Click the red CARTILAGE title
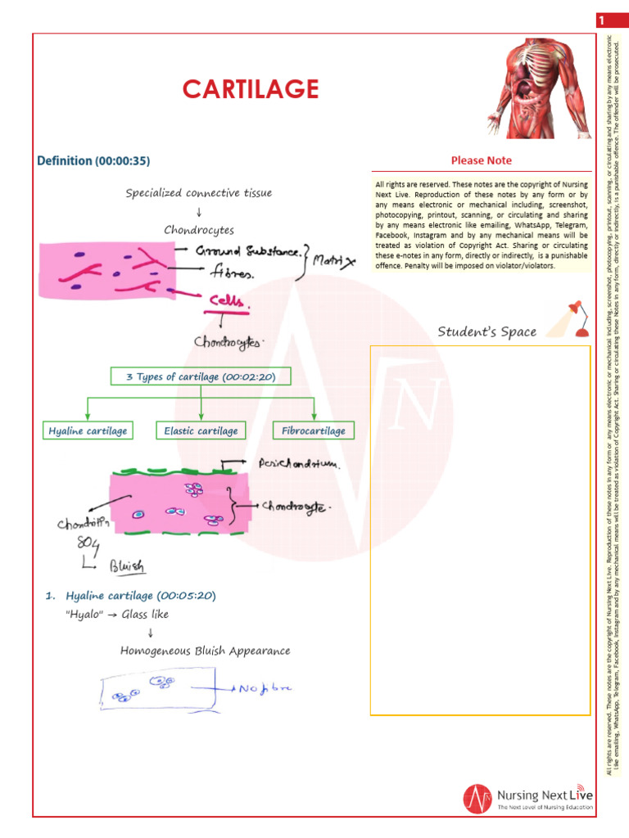pyautogui.click(x=250, y=88)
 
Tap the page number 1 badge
pyautogui.click(x=601, y=20)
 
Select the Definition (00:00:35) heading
pyautogui.click(x=93, y=161)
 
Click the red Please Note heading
pyautogui.click(x=482, y=160)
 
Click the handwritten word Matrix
pyautogui.click(x=335, y=262)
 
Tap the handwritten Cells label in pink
pyautogui.click(x=227, y=302)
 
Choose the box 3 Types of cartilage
pyautogui.click(x=201, y=376)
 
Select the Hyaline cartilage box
pyautogui.click(x=88, y=430)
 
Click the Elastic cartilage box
pyautogui.click(x=201, y=430)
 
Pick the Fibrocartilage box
pyautogui.click(x=314, y=430)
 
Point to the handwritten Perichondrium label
pyautogui.click(x=298, y=464)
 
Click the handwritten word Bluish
pyautogui.click(x=127, y=565)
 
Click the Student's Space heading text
pyautogui.click(x=486, y=331)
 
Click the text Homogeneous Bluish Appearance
pyautogui.click(x=205, y=651)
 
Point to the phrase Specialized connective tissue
pyautogui.click(x=199, y=193)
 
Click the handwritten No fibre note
pyautogui.click(x=265, y=688)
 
